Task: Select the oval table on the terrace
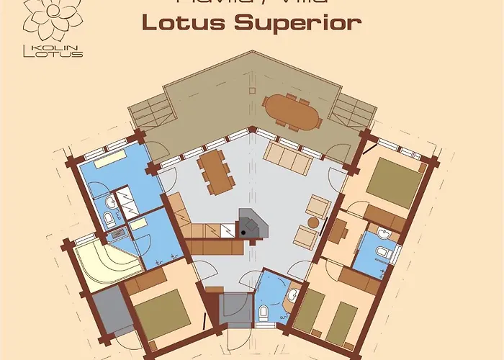click(x=292, y=112)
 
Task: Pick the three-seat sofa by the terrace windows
click(x=287, y=158)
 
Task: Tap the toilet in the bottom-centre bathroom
click(x=264, y=312)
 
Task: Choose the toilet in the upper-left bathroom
click(x=109, y=218)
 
